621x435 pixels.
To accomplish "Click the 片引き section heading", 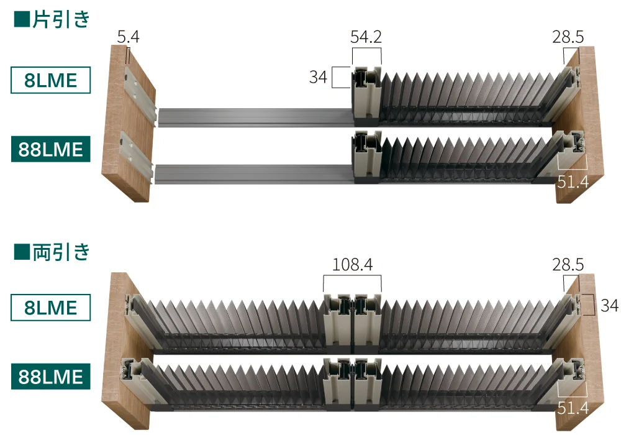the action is [61, 19].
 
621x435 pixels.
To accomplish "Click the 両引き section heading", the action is [61, 252].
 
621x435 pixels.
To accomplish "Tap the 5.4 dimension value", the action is [129, 37].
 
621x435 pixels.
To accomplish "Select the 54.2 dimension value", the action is [366, 37].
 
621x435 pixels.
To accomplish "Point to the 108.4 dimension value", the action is [352, 264].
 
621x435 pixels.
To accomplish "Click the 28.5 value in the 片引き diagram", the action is [568, 37].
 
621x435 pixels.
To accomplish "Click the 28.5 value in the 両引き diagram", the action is [568, 264].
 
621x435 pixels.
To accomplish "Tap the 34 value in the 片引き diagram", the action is [318, 77].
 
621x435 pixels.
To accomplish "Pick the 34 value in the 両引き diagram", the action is [609, 305].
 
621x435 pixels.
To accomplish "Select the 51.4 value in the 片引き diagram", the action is [573, 182].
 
